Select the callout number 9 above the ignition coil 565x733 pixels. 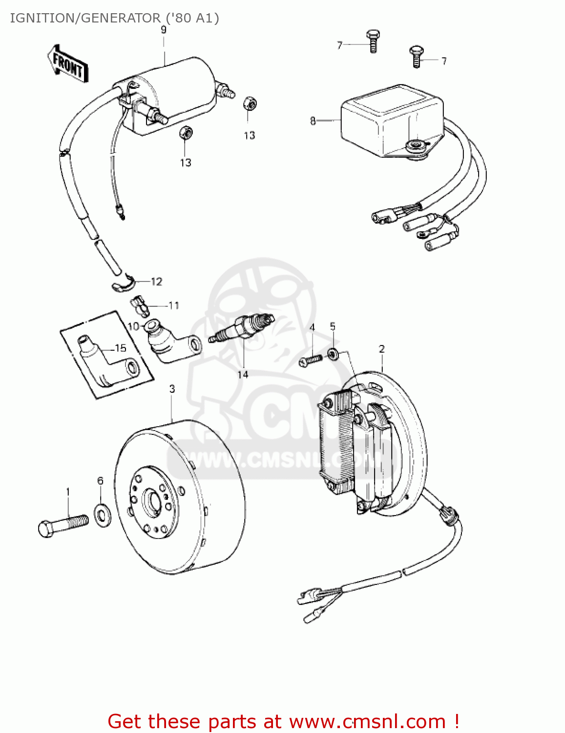pos(164,30)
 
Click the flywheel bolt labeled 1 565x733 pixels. pos(63,524)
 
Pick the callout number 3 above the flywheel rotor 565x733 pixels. pos(172,389)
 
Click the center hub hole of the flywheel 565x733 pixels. pos(153,501)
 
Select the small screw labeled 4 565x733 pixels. pos(310,361)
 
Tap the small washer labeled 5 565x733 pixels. pos(333,353)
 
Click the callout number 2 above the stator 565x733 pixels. pos(381,349)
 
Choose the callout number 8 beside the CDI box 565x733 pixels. pos(313,121)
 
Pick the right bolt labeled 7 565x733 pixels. pos(417,56)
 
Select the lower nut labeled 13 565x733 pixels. pos(186,132)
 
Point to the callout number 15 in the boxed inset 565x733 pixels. pos(121,348)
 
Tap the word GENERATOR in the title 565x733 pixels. pos(120,18)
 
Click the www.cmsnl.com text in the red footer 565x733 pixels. pos(367,722)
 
